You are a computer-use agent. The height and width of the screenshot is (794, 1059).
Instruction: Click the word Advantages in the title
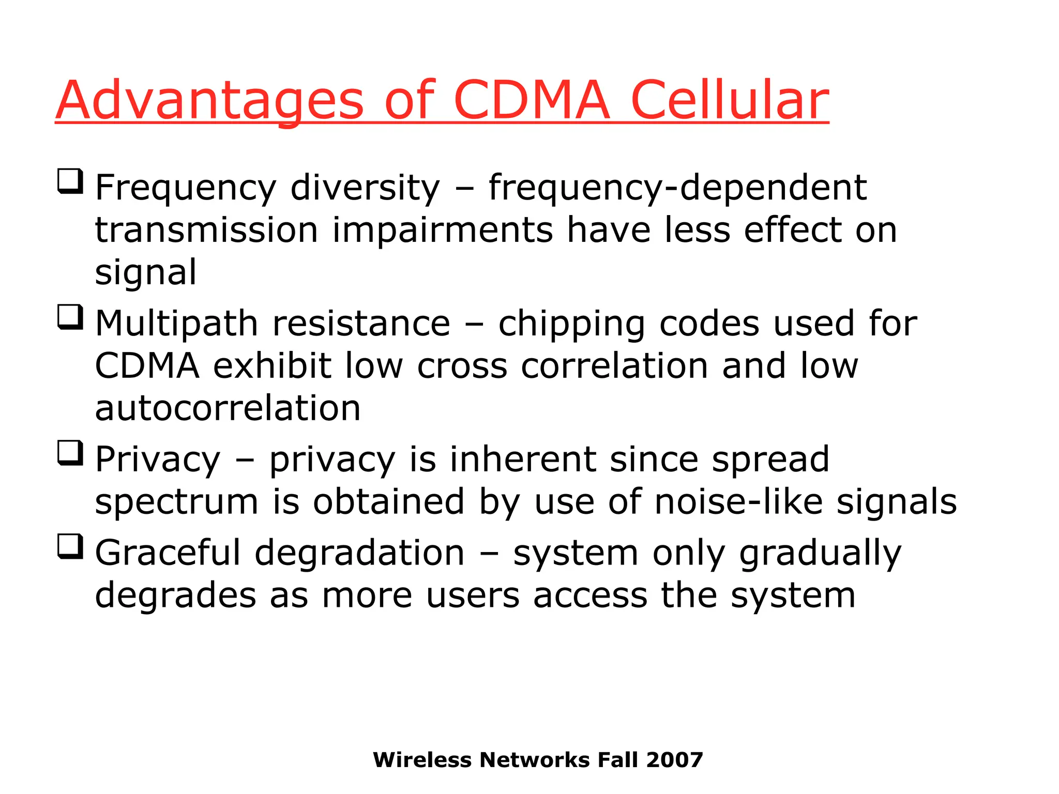[209, 101]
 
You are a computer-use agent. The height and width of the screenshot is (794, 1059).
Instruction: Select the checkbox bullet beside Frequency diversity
[70, 181]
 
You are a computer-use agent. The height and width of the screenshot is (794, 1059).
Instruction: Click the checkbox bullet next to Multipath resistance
[70, 317]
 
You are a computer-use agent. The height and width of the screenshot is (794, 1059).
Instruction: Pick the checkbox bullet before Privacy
[70, 453]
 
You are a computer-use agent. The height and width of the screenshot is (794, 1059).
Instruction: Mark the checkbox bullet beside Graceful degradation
[70, 546]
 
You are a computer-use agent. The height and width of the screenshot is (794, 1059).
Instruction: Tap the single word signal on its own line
[146, 272]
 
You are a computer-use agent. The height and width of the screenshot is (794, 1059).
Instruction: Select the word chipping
[571, 324]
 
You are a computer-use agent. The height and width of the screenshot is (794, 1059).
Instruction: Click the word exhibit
[272, 366]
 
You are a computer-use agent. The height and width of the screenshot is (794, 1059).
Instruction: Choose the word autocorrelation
[228, 408]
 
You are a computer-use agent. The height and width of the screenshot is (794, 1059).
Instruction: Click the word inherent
[523, 460]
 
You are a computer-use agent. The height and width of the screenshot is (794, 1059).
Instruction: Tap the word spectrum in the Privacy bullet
[176, 503]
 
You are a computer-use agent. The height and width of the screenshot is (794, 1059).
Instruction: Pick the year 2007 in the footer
[674, 760]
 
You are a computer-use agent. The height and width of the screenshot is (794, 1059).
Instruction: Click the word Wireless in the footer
[422, 760]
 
